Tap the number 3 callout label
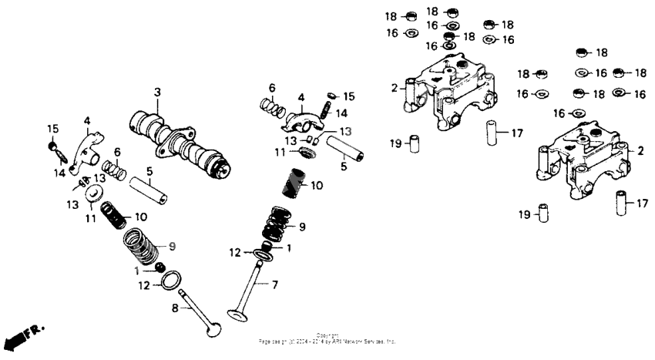coord(156,93)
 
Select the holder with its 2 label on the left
coord(442,93)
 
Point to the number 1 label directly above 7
coord(290,248)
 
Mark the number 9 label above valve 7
coord(301,227)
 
